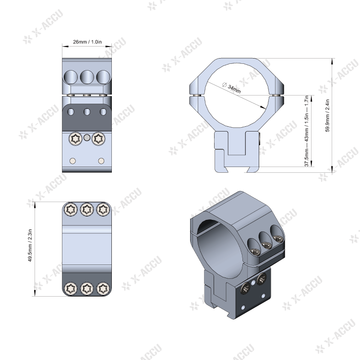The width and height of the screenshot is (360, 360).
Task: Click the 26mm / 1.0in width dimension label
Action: [x=87, y=42]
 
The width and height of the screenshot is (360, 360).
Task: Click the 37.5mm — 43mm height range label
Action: [x=306, y=131]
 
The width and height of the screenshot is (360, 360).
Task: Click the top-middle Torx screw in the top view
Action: [x=87, y=209]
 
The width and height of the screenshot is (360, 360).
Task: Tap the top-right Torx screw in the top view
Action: [x=103, y=209]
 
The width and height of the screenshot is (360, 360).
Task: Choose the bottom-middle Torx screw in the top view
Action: [x=87, y=288]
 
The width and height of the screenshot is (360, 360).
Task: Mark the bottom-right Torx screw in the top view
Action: [x=103, y=288]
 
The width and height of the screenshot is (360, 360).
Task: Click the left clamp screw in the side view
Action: [x=75, y=139]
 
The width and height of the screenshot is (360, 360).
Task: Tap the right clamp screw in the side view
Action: [x=98, y=139]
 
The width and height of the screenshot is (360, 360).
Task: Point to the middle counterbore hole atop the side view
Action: [x=87, y=76]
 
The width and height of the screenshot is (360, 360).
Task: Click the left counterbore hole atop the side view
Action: [x=71, y=76]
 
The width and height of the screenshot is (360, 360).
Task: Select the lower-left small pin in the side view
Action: [x=72, y=160]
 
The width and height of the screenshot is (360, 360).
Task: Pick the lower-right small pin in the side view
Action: [x=101, y=160]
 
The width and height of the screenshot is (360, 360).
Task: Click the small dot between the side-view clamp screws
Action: [x=86, y=138]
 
